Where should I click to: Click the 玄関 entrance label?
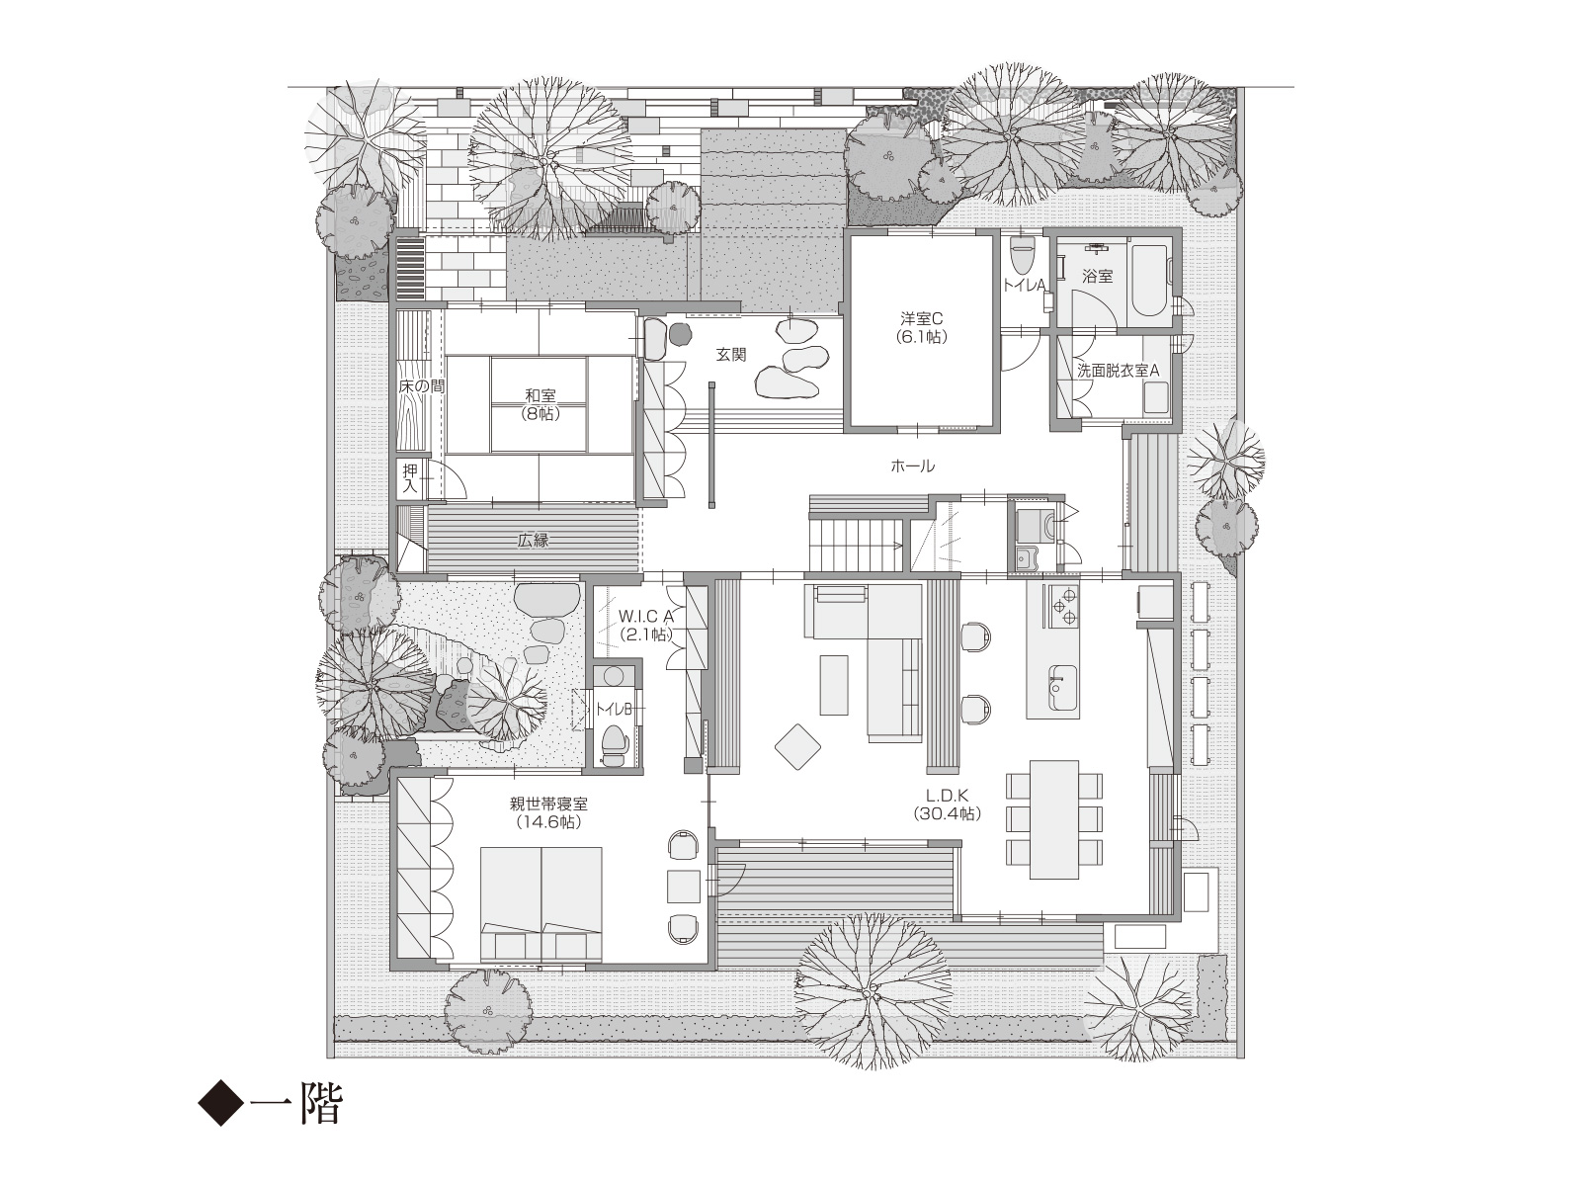click(730, 354)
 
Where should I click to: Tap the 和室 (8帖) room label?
click(541, 404)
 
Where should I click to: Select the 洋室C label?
click(921, 318)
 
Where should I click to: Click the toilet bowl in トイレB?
click(614, 744)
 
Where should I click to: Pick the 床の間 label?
click(421, 386)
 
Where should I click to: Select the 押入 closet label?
click(410, 478)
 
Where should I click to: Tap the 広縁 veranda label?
click(533, 540)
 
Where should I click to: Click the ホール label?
click(913, 466)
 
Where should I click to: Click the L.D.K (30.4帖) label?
click(948, 805)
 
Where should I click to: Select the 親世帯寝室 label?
click(548, 804)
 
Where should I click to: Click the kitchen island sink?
click(1062, 686)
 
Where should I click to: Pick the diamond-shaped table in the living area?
click(797, 747)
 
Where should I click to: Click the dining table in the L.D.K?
click(1053, 819)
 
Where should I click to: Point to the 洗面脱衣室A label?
click(1118, 371)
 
